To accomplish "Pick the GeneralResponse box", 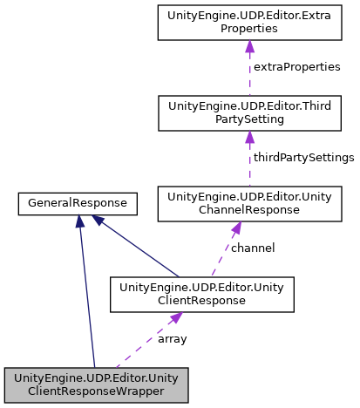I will (78, 203).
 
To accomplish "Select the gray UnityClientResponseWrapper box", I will (96, 384).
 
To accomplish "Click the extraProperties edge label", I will (296, 67).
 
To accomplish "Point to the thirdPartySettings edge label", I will (302, 158).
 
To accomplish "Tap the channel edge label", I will (253, 248).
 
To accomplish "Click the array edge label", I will (172, 339).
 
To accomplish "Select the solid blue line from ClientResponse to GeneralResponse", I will (139, 248).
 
